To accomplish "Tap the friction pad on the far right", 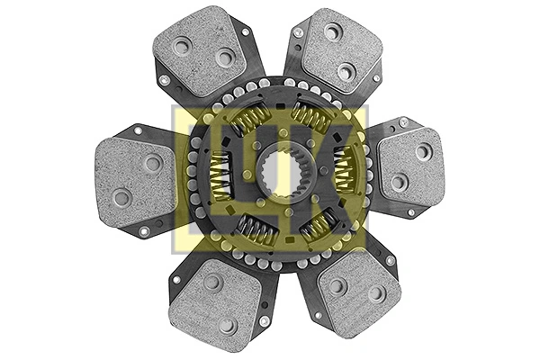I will tap(410, 165).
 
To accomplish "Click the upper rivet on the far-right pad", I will tap(422, 149).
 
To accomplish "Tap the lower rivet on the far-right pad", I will tap(397, 182).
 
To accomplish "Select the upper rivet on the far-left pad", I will tap(154, 163).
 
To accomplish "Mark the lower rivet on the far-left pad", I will tap(121, 195).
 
